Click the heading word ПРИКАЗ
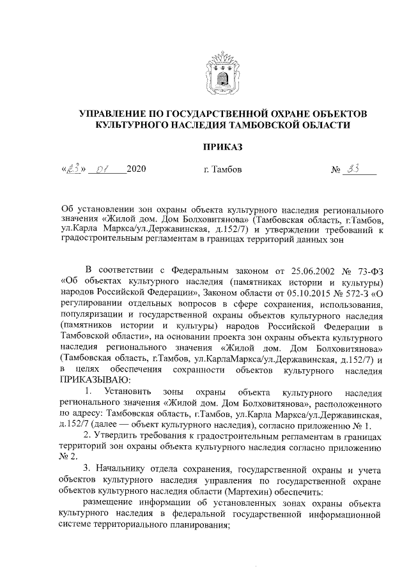pyautogui.click(x=222, y=148)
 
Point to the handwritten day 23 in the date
pyautogui.click(x=75, y=169)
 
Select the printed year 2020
pyautogui.click(x=137, y=170)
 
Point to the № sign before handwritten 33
pyautogui.click(x=337, y=171)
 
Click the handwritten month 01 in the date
pyautogui.click(x=101, y=170)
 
